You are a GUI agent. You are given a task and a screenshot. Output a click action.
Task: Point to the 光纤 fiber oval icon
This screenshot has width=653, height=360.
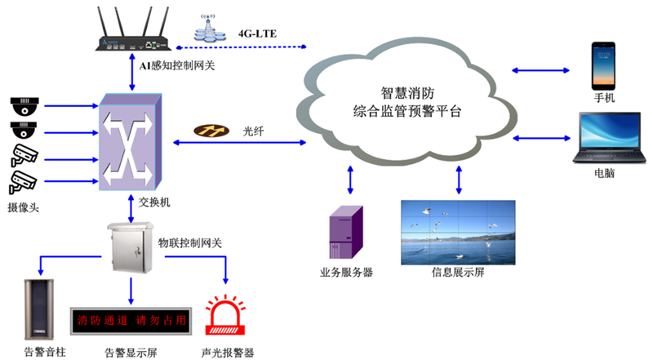[x=215, y=130]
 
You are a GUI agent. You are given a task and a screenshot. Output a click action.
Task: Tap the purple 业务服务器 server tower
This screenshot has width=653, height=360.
[x=346, y=232]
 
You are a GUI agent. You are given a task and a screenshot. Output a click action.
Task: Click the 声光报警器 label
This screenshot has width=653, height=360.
[x=227, y=353]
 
